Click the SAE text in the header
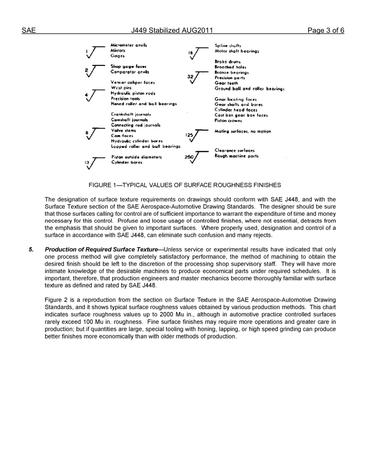(29, 31)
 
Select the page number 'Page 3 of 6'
(326, 31)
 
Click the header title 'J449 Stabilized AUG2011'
(171, 31)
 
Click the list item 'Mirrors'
(118, 50)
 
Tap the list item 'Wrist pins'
(121, 88)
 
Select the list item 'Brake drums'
(227, 62)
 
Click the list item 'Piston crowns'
(228, 121)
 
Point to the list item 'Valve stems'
(123, 131)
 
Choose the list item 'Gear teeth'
(226, 83)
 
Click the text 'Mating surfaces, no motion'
(242, 131)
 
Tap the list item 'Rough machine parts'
(236, 156)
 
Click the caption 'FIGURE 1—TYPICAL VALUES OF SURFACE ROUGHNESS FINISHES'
(185, 185)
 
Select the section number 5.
(31, 250)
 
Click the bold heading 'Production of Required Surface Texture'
(101, 250)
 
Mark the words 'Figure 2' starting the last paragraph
(55, 300)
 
